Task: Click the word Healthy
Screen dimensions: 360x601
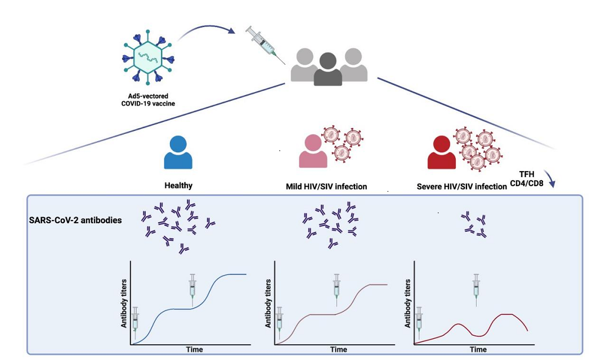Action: coord(178,184)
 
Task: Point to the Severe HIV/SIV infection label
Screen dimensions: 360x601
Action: coord(461,186)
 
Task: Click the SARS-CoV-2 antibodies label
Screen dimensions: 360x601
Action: coord(75,220)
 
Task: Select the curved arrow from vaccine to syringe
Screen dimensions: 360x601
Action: coord(205,31)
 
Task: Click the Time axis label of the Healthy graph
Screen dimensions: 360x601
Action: coord(195,349)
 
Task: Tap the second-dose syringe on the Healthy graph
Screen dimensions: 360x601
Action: coord(193,290)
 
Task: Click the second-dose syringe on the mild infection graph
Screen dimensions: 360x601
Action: coord(337,290)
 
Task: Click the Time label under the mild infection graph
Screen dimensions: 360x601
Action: coord(338,349)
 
